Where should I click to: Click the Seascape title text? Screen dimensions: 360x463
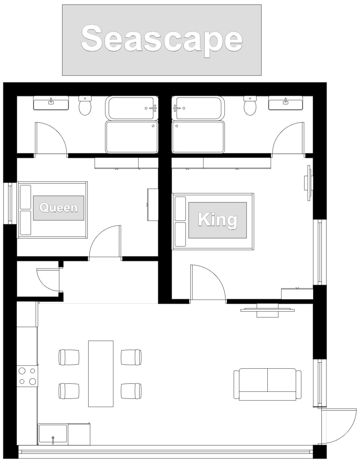[x=162, y=40]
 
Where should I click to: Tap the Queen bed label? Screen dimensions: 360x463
[x=58, y=208]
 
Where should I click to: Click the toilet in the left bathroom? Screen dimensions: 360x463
[x=85, y=105]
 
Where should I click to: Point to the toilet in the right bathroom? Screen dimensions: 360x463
[x=250, y=105]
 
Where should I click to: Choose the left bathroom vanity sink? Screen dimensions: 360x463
[x=51, y=103]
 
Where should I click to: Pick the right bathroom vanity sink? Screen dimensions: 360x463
[x=285, y=103]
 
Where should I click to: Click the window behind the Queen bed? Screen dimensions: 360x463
[x=10, y=203]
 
